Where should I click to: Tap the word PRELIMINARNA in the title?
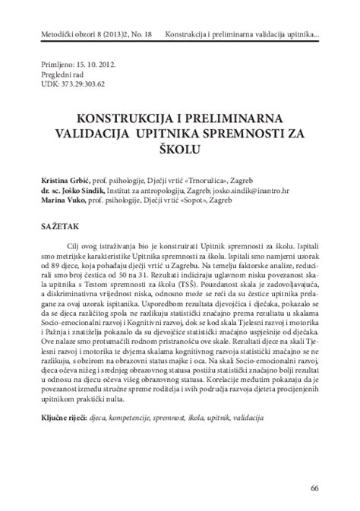point(230,118)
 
